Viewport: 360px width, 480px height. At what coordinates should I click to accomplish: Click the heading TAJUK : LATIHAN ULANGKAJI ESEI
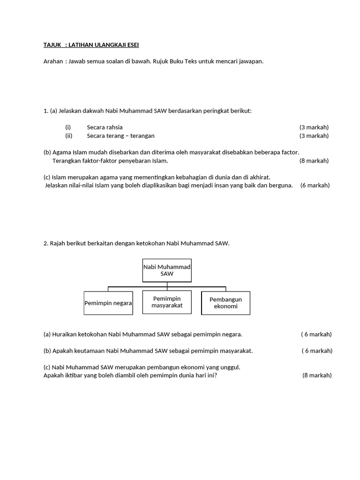tap(91, 45)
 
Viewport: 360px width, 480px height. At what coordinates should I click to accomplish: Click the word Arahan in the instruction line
tap(52, 61)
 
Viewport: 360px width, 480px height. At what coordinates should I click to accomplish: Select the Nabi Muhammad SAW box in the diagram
tap(167, 270)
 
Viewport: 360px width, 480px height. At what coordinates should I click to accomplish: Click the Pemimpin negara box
tap(108, 303)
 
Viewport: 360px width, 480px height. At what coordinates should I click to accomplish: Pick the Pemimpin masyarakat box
tap(167, 302)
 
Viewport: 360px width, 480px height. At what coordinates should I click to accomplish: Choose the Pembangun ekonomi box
tap(225, 303)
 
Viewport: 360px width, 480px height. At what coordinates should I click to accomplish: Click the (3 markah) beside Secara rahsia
tap(314, 127)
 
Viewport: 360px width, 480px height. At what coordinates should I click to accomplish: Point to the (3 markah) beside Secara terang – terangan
tap(314, 136)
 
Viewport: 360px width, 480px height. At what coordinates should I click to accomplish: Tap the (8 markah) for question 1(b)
tap(314, 161)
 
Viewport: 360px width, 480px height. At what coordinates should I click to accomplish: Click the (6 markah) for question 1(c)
tap(315, 185)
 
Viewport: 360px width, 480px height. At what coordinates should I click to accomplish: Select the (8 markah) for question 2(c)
tap(317, 375)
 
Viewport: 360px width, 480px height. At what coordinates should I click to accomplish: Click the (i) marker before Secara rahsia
tap(68, 127)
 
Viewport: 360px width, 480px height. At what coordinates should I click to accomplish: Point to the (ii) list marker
tap(68, 136)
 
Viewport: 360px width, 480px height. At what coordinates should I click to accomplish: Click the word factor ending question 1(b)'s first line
tap(290, 152)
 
